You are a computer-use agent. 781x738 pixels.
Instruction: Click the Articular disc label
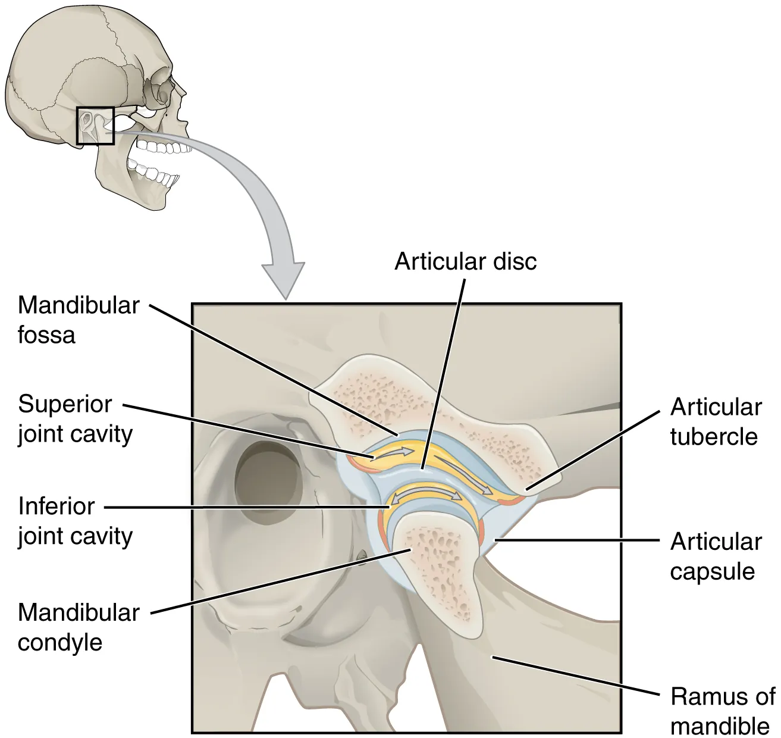pos(465,262)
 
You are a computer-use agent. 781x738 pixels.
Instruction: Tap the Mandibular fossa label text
pos(78,320)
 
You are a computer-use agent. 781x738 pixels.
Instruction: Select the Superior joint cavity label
pos(74,419)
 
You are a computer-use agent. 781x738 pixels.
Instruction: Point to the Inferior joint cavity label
pos(74,521)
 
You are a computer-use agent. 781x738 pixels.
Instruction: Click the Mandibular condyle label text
pos(78,627)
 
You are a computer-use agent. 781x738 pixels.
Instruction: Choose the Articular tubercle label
pos(716,422)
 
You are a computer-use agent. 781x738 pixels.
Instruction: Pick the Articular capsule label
pos(716,556)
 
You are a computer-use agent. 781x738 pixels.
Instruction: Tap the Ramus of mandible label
pos(722,711)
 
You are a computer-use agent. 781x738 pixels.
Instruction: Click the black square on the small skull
pos(95,126)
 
